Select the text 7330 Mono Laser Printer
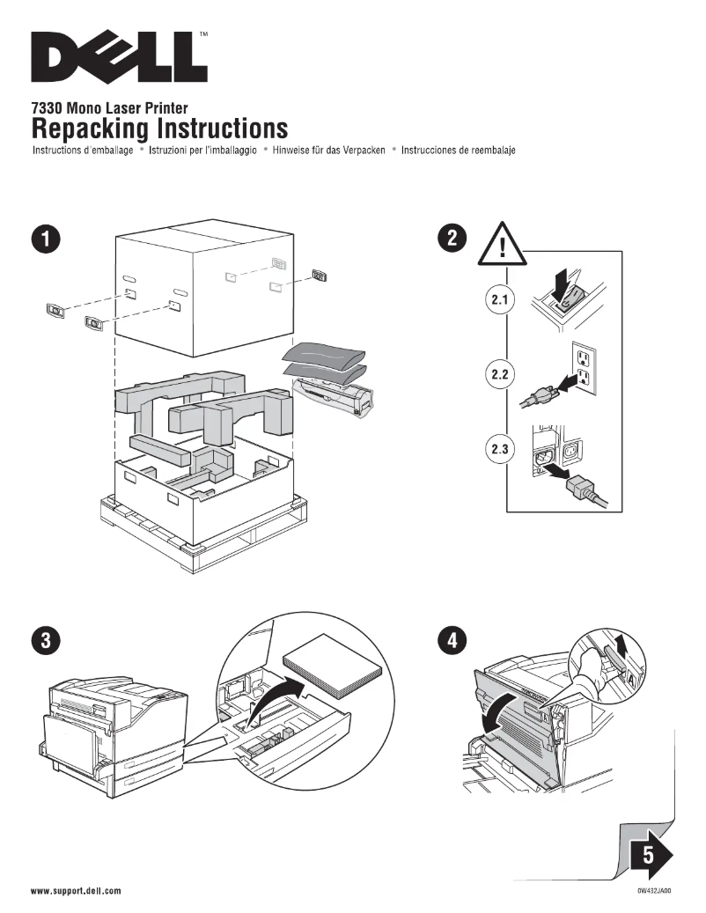coord(109,108)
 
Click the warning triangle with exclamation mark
coord(502,241)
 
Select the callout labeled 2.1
coord(499,300)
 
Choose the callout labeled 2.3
coord(499,450)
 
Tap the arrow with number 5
coord(651,852)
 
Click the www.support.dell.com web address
coord(76,891)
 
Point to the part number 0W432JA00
coord(654,891)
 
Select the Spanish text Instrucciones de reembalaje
coord(458,151)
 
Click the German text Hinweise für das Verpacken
coord(329,151)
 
